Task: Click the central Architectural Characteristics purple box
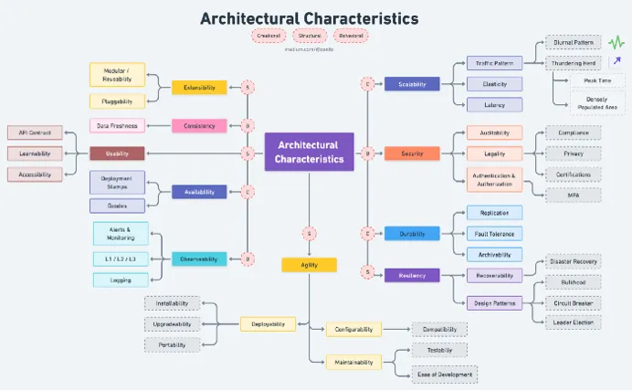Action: tap(309, 152)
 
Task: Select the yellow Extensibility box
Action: tap(199, 88)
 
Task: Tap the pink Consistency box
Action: tap(199, 126)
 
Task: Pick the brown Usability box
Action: tap(117, 153)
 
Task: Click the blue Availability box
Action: tap(199, 192)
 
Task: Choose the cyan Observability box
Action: tap(199, 259)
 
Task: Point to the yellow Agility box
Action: tap(309, 265)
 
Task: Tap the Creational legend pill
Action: tap(269, 37)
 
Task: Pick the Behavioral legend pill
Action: tap(351, 37)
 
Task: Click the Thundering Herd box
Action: tap(573, 63)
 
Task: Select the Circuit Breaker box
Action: tap(573, 302)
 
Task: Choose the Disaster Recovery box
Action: tap(573, 261)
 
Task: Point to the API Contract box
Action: tap(35, 132)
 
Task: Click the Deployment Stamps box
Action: tap(117, 183)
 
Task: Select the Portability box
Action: tap(172, 344)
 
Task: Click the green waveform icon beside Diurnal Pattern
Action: tap(616, 41)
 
